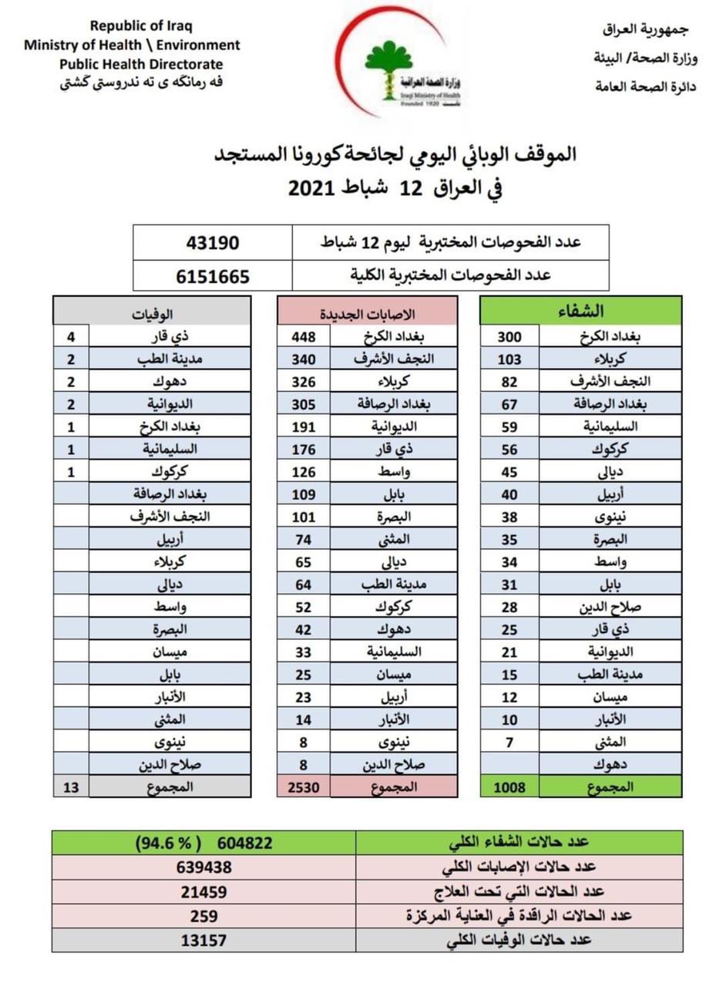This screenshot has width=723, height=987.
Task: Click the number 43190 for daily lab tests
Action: tap(213, 242)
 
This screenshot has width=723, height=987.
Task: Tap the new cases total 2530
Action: tap(303, 787)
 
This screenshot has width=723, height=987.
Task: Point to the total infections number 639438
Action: tap(204, 867)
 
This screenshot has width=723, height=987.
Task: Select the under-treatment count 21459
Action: tap(204, 891)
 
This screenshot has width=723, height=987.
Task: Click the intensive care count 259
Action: tap(204, 916)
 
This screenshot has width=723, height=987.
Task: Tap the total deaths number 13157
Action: tap(204, 941)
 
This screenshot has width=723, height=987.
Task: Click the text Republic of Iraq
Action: tap(132, 26)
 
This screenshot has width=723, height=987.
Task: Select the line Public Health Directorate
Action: tap(132, 64)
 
